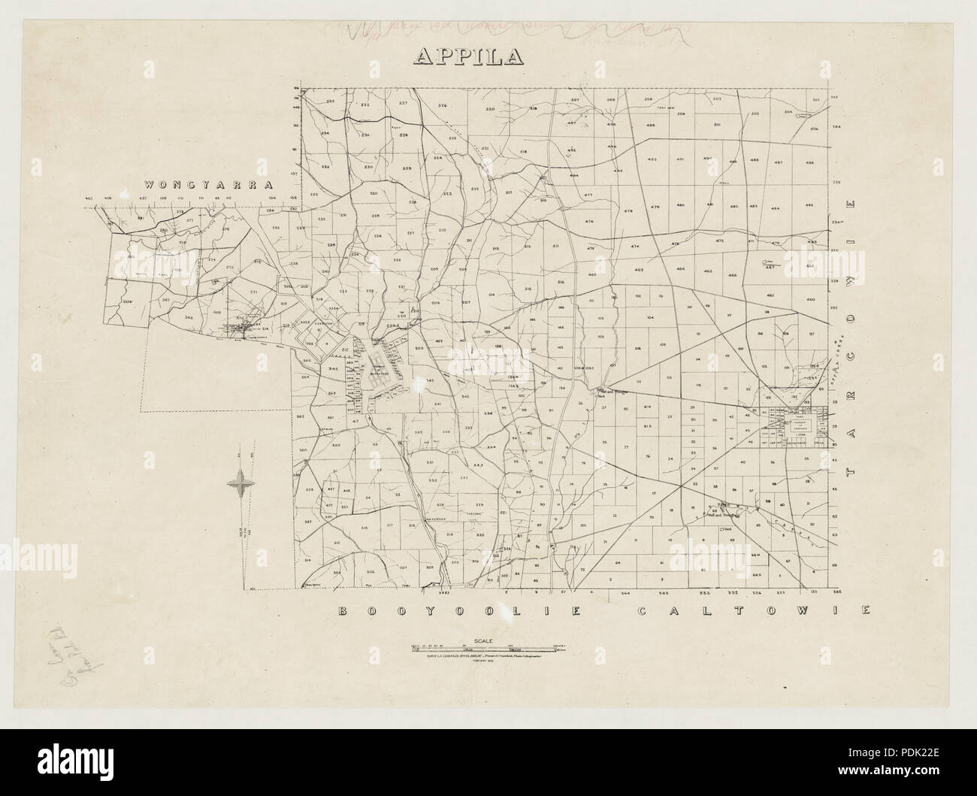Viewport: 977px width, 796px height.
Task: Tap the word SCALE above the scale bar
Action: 488,640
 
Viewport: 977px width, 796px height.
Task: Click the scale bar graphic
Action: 488,647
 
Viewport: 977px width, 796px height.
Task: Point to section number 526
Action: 443,105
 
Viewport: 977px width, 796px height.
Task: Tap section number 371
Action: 253,291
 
